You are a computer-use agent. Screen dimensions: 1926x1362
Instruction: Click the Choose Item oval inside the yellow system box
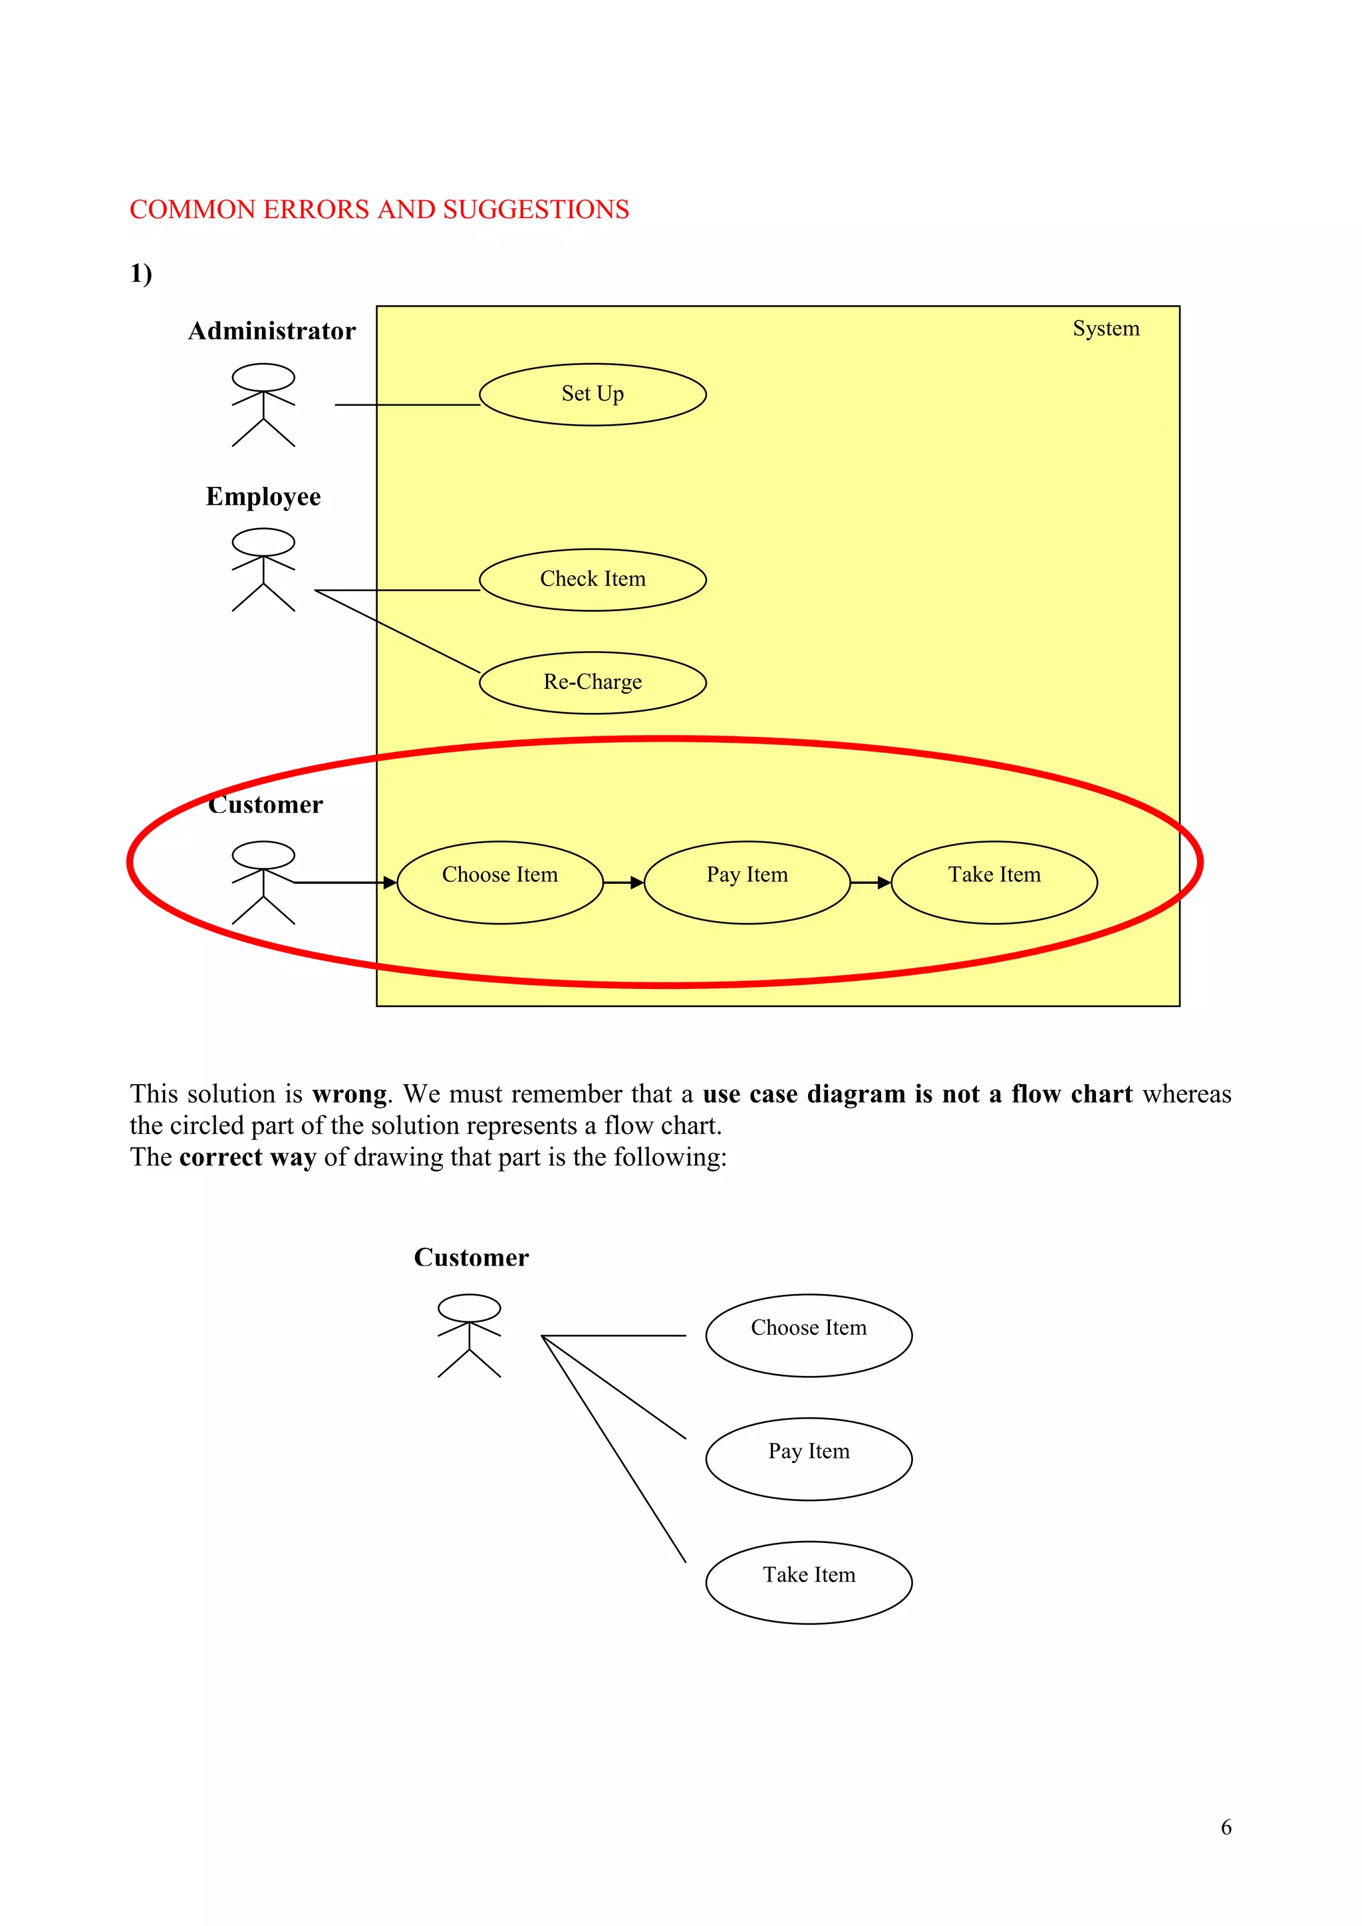point(500,882)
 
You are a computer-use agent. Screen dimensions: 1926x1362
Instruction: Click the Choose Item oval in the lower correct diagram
point(809,1335)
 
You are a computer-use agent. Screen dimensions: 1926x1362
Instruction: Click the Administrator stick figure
point(263,404)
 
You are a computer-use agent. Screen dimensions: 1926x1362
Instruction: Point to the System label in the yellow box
point(1105,329)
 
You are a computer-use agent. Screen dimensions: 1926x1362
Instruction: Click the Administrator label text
point(272,331)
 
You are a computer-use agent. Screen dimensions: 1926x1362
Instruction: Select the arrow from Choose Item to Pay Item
point(623,883)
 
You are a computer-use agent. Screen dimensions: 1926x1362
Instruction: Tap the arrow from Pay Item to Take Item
point(871,883)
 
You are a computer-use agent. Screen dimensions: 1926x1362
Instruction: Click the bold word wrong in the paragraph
point(349,1094)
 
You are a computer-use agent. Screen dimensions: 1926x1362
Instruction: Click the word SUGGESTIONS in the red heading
point(536,209)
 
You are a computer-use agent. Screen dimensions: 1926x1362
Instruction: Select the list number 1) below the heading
point(141,273)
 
